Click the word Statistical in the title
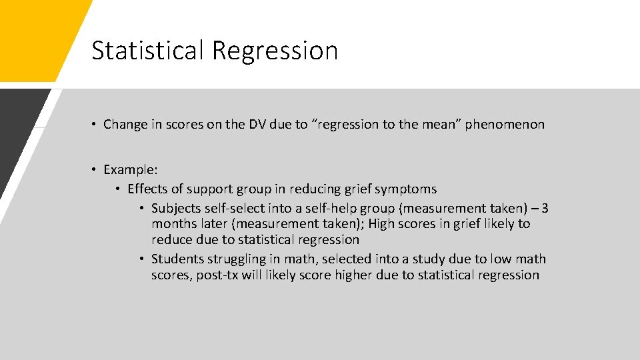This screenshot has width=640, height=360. pos(147,51)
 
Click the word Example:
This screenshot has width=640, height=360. pos(131,169)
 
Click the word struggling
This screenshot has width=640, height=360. pos(237,259)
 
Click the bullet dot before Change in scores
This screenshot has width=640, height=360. pos(96,125)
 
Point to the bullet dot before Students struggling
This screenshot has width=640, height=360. pos(143,259)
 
